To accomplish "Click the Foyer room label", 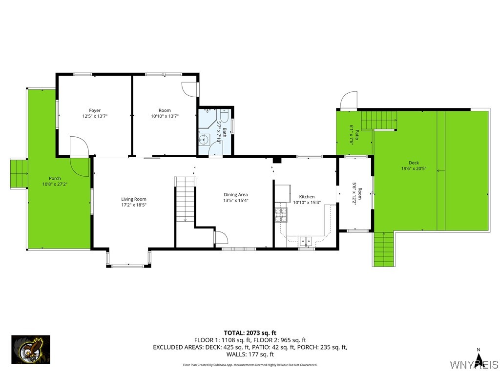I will pyautogui.click(x=95, y=110).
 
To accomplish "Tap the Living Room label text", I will pyautogui.click(x=134, y=199).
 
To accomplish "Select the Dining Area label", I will pyautogui.click(x=236, y=195).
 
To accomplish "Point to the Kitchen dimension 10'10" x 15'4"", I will pyautogui.click(x=307, y=203).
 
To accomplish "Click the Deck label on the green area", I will pyautogui.click(x=414, y=163).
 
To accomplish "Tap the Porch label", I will pyautogui.click(x=55, y=179).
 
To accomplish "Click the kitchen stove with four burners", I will pyautogui.click(x=281, y=214).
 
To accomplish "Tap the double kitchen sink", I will pyautogui.click(x=306, y=240).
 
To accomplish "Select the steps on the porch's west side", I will pyautogui.click(x=19, y=174).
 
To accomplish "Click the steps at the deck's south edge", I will pyautogui.click(x=383, y=249).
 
